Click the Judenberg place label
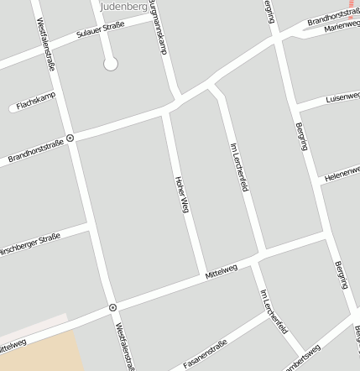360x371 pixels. point(123,7)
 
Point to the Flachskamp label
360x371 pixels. point(35,101)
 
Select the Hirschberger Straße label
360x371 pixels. point(29,244)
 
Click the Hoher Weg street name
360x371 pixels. point(180,195)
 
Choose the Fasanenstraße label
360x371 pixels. point(206,353)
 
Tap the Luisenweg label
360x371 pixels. point(342,97)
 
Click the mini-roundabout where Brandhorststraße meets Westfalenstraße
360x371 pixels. point(70,138)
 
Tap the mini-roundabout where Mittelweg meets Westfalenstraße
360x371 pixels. point(112,308)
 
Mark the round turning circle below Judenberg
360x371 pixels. point(110,64)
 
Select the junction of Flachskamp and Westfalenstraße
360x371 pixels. point(57,93)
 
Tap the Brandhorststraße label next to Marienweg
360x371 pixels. point(333,16)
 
